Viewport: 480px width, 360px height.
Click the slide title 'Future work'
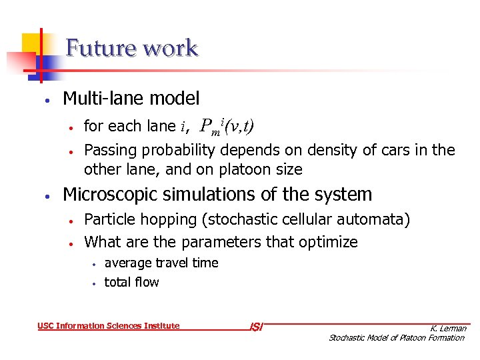coord(132,49)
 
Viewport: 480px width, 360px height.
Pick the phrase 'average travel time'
coord(161,263)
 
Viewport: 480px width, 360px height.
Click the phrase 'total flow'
coord(131,282)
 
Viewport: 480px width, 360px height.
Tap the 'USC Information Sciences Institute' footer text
coord(109,326)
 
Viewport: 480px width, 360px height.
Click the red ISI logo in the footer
coord(256,327)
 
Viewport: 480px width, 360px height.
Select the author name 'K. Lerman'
coord(448,328)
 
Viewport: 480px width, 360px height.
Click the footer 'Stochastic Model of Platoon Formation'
coord(397,338)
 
